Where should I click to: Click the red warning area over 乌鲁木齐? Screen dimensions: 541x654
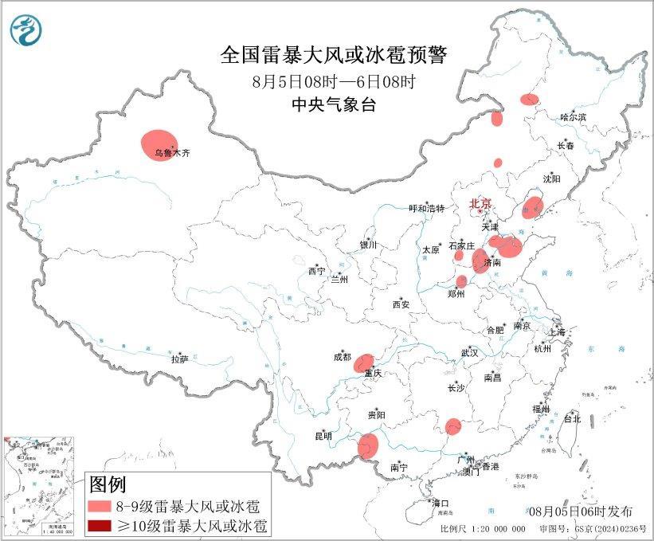[158, 144]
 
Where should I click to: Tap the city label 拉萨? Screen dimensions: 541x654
[179, 359]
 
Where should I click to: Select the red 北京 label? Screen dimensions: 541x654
[481, 203]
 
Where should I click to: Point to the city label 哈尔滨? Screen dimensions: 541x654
[573, 117]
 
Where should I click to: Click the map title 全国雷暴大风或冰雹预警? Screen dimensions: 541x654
[334, 55]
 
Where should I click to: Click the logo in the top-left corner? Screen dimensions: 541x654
[25, 30]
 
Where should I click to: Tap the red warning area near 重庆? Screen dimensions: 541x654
[365, 363]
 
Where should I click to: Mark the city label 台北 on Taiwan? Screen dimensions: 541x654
[572, 418]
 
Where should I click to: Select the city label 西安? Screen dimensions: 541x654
[401, 304]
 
